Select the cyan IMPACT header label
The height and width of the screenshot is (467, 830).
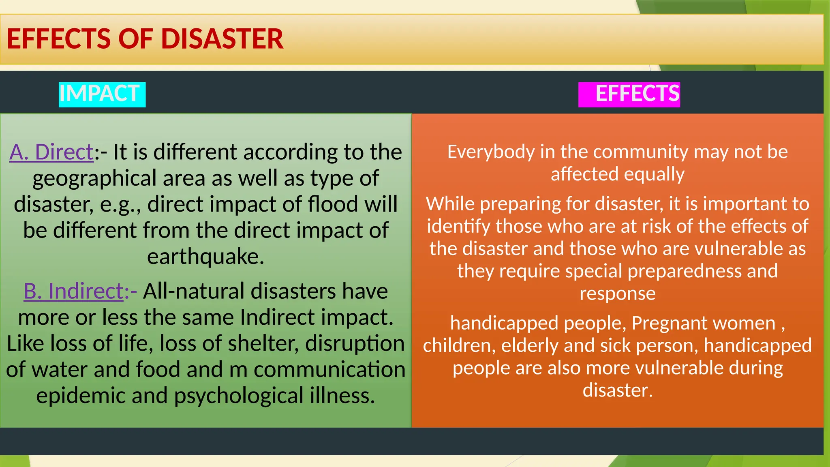(100, 94)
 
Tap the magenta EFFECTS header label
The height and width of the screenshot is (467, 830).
(637, 94)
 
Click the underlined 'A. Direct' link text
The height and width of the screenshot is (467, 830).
(51, 152)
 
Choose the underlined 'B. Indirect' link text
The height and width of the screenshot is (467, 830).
(73, 291)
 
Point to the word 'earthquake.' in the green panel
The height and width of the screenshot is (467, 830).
(205, 257)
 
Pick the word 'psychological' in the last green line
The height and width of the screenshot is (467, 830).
(239, 396)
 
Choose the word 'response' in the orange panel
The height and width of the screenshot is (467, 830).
(617, 293)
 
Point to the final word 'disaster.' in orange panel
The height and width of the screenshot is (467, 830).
(617, 390)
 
